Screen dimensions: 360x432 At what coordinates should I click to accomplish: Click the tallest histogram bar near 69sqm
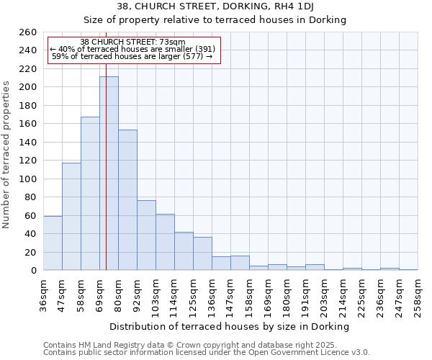[109, 173]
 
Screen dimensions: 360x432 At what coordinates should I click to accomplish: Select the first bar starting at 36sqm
[53, 243]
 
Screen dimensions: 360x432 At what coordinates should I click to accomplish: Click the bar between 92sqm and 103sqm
[146, 235]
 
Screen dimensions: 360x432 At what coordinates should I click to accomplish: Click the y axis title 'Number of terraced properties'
[7, 155]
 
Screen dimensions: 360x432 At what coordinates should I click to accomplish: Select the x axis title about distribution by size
[230, 326]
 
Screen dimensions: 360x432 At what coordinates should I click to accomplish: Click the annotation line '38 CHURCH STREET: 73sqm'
[132, 42]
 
